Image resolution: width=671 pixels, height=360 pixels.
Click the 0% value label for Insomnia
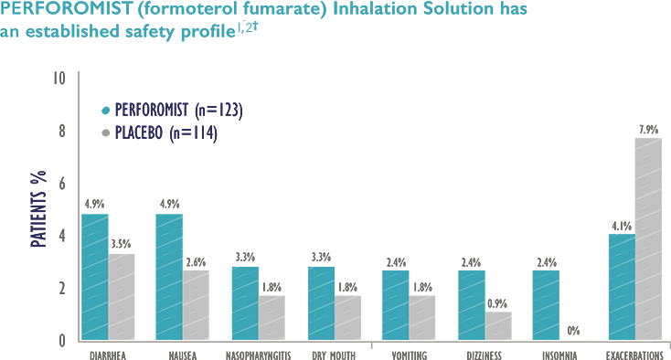(573, 330)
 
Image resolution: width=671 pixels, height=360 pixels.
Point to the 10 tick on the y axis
(59, 79)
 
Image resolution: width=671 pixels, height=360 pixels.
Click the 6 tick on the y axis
(62, 184)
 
